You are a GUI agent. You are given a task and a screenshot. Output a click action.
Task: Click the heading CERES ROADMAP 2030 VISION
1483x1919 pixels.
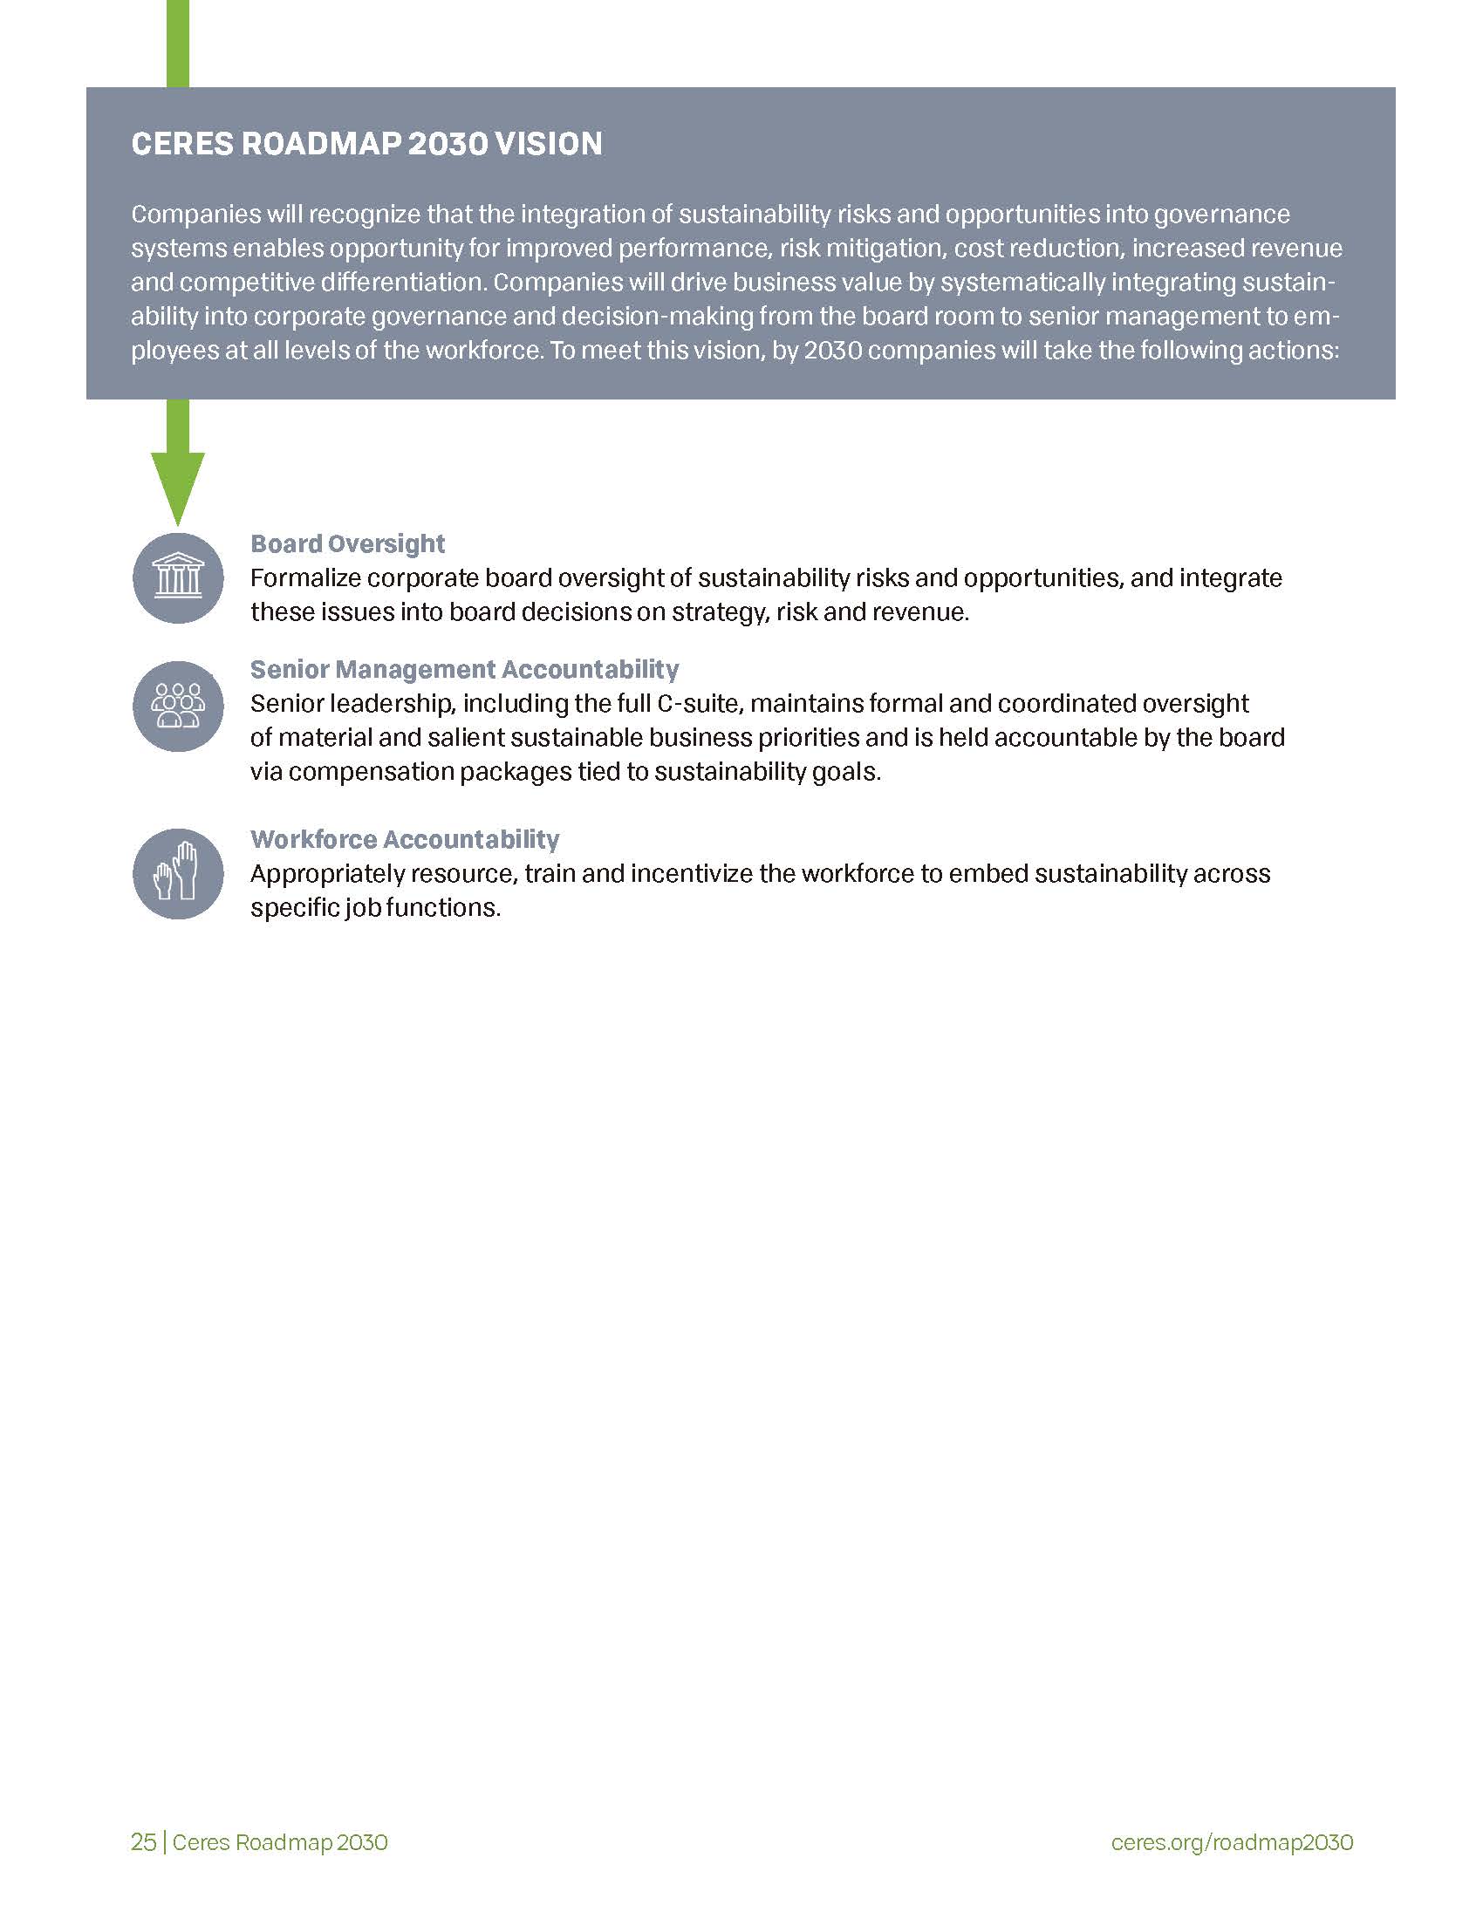click(366, 144)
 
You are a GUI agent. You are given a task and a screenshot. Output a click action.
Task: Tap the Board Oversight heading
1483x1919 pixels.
click(347, 544)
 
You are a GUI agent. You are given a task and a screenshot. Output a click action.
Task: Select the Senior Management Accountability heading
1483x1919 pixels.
click(464, 670)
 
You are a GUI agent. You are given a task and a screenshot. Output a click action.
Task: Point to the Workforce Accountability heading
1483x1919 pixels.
click(404, 839)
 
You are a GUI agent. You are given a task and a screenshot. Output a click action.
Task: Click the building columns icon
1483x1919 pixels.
click(177, 578)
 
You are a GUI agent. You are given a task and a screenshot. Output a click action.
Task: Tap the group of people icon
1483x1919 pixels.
click(177, 706)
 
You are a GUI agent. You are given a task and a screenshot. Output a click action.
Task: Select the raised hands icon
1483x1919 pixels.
click(177, 873)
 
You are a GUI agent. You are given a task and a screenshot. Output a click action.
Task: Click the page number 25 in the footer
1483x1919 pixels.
click(143, 1841)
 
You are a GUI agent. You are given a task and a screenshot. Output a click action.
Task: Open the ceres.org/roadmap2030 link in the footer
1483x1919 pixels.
click(1232, 1841)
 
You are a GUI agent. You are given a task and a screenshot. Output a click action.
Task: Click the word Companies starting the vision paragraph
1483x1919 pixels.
click(182, 215)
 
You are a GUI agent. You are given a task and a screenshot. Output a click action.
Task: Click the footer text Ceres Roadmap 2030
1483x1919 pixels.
click(279, 1841)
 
